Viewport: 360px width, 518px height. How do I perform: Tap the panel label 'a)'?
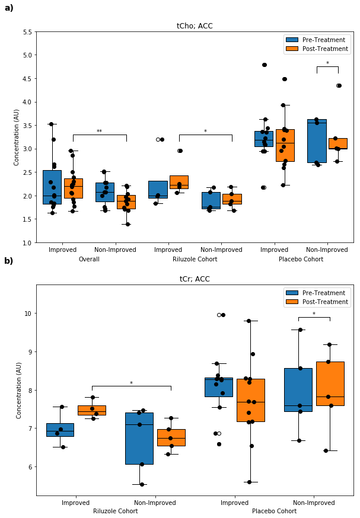coord(9,8)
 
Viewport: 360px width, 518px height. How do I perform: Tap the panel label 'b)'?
coord(9,261)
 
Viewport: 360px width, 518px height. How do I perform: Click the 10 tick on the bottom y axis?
coord(28,314)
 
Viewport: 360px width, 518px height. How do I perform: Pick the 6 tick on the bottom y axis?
coord(30,467)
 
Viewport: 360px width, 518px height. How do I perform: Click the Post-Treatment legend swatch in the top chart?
coord(292,49)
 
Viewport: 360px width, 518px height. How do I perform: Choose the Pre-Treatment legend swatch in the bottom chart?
coord(292,293)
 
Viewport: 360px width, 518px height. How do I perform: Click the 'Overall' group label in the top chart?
coord(88,260)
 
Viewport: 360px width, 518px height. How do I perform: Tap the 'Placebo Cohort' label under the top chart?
coord(301,260)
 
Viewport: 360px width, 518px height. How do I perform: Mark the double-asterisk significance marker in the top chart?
coord(99,132)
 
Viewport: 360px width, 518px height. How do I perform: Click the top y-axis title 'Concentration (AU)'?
coord(17,137)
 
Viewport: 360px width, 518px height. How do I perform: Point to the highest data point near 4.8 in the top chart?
coord(264,65)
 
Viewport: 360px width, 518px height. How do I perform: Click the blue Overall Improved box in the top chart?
coord(52,187)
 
